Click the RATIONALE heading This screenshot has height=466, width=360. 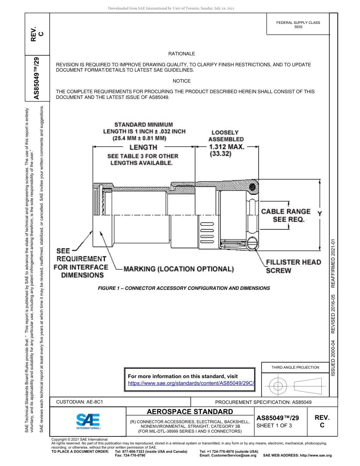coord(182,54)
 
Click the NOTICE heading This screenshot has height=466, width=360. coord(182,81)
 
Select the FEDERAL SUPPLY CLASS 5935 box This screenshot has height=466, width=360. coord(298,25)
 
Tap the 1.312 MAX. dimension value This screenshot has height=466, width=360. coord(227,147)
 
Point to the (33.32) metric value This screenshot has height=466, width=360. coord(221,154)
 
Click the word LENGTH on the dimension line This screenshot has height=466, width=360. coord(143,147)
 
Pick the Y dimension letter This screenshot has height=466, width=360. coord(319,214)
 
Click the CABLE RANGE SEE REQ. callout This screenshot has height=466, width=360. coord(286,216)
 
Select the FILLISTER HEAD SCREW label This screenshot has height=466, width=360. coord(293,266)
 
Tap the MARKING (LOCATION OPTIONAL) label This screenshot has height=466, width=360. coord(178,269)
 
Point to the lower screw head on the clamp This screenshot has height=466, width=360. coord(252,243)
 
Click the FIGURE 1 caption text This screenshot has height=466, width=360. coord(184,288)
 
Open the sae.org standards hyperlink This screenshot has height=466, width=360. coord(191,383)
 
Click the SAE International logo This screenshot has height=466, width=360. coord(88,421)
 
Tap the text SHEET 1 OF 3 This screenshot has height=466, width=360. coord(274,425)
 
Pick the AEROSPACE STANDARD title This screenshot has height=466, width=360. coord(190,412)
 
